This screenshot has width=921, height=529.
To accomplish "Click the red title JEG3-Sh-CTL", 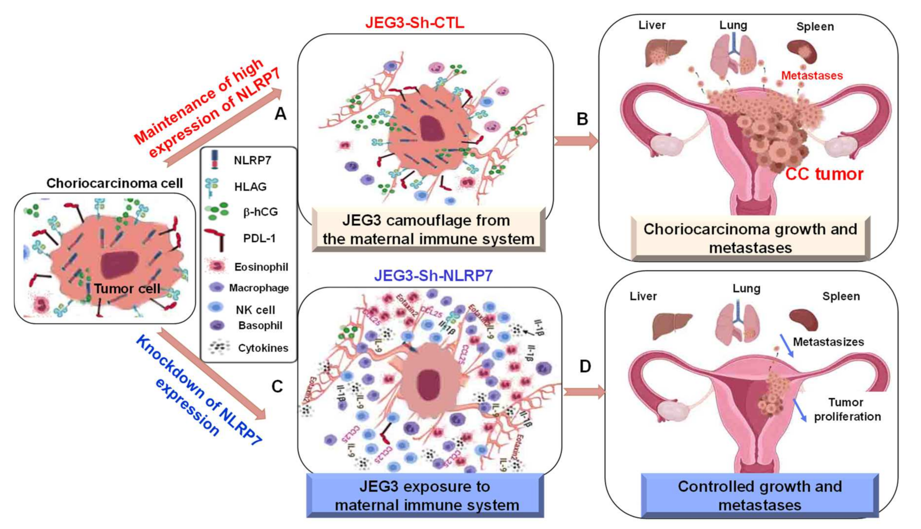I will coord(414,23).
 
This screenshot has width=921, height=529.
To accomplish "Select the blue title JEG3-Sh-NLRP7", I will coord(433,276).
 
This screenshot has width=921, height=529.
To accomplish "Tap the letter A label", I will coord(280,114).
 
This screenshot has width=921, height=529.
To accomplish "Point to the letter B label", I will coord(582,119).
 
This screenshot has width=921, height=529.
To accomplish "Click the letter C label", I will coord(277,386).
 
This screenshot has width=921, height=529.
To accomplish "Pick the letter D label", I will coord(585,366).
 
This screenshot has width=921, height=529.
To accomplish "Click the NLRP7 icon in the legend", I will coord(214,160).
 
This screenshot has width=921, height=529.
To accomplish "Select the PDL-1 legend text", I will coord(259,238).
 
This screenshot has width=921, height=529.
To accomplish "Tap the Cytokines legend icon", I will coord(219,347).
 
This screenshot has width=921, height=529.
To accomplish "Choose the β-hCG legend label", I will coord(260,212).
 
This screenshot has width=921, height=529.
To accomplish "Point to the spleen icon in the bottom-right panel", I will coord(803,320).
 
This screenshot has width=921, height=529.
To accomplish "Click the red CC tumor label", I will coord(824,174).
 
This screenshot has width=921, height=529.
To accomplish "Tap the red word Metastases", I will coord(812,76).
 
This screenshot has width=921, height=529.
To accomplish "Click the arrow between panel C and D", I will coord(584,392).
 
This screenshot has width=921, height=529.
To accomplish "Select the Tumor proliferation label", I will coord(847,409).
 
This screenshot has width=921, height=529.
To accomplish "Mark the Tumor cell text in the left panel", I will coord(127,289).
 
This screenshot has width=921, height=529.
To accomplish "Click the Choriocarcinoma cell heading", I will coord(114,183).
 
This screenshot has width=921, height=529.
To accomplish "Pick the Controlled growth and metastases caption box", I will coord(759,495).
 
